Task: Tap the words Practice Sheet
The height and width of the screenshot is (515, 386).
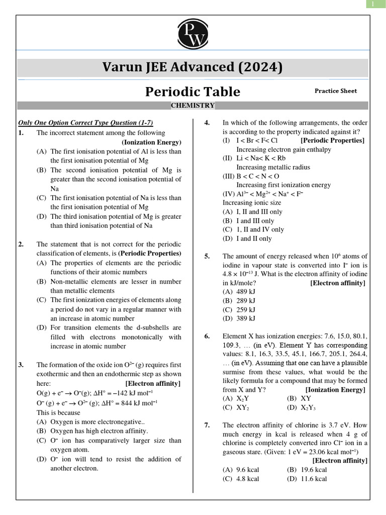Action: click(336, 91)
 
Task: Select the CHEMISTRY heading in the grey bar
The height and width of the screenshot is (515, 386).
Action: click(192, 106)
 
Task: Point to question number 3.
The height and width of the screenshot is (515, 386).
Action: click(21, 365)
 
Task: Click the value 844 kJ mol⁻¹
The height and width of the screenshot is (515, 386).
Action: click(133, 402)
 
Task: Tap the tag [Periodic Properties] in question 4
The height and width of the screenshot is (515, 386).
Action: click(332, 140)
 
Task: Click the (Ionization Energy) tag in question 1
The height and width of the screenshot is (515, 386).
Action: click(151, 142)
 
